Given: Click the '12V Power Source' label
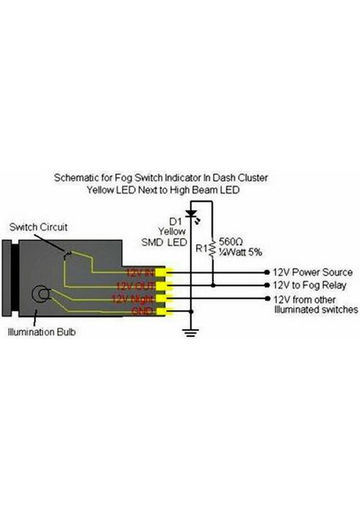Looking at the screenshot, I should tap(310, 272).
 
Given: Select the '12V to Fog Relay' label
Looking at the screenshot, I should tap(307, 286).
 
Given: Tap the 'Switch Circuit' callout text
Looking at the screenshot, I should tap(37, 227).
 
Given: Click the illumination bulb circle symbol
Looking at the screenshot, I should tap(39, 296).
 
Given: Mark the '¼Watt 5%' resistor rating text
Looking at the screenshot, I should tap(241, 252).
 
